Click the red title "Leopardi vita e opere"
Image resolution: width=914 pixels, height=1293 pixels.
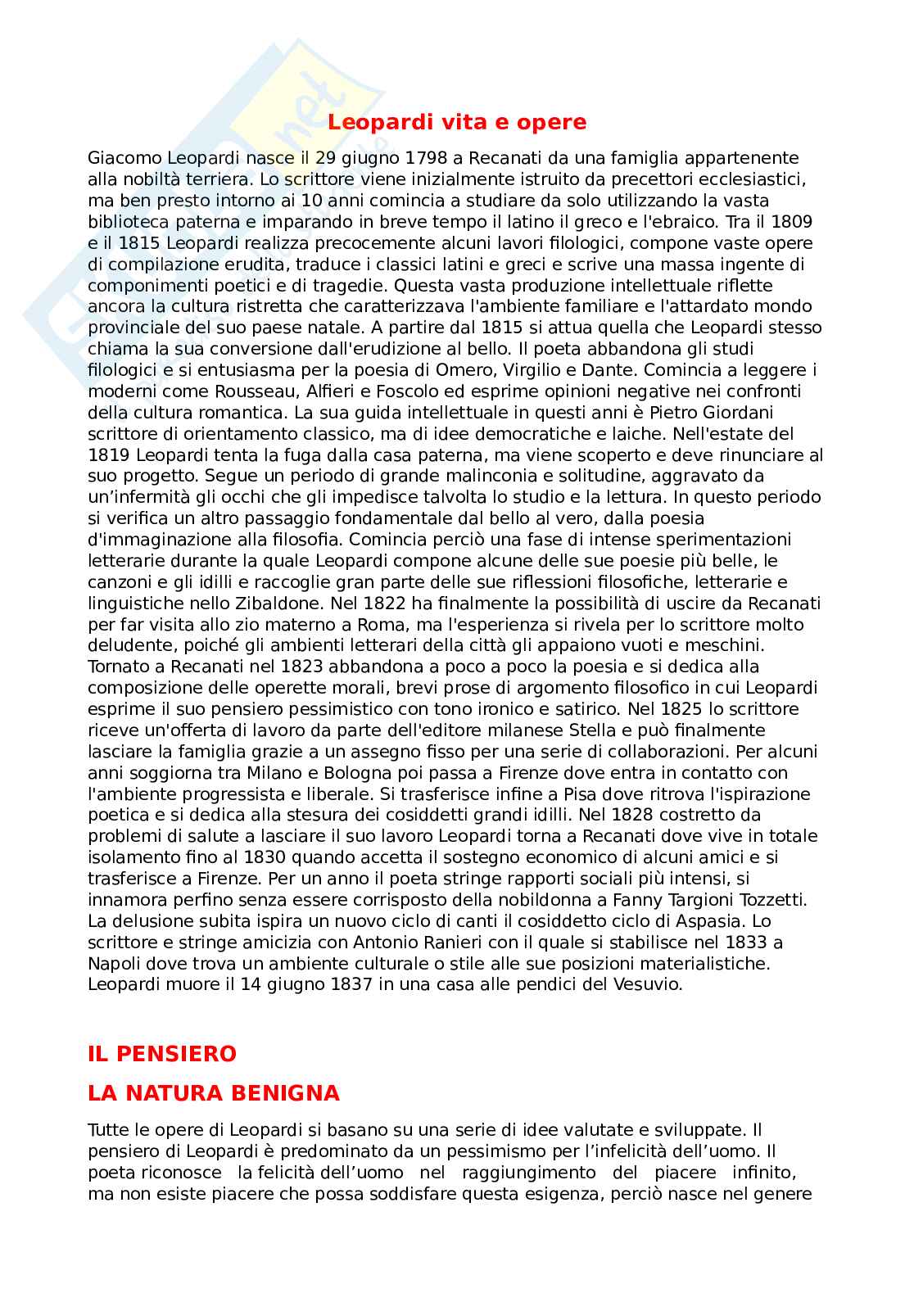pos(457,122)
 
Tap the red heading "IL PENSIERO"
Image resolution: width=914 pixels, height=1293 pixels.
pos(162,1054)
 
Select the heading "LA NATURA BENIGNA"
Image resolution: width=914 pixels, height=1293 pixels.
pos(213,1093)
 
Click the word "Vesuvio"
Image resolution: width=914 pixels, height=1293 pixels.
pos(648,983)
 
